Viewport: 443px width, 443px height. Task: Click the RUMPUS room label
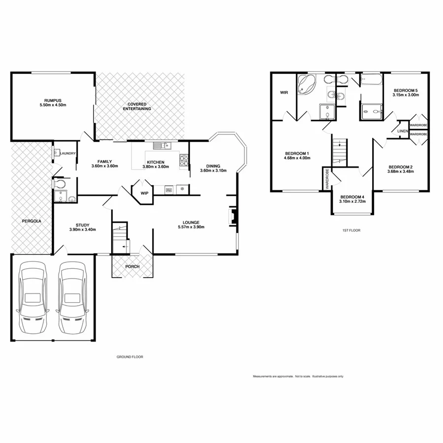coord(53,99)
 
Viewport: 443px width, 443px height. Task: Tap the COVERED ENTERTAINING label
coord(139,106)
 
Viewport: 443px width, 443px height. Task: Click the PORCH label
coord(132,267)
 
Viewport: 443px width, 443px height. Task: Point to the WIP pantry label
coord(145,193)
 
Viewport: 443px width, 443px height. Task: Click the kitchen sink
coord(160,145)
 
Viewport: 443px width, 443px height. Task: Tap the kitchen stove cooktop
coord(184,159)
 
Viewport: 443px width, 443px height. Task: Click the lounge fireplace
coord(231,217)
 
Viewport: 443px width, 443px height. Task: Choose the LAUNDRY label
coord(68,154)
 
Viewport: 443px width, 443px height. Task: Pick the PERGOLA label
coord(32,221)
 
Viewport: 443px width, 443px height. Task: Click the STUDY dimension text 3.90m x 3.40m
coord(82,229)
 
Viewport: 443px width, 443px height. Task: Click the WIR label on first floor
coord(284,92)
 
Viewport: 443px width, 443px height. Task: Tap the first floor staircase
coord(339,151)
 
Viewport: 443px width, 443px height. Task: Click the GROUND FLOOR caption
coord(129,357)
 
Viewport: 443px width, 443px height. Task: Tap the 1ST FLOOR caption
coord(348,230)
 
